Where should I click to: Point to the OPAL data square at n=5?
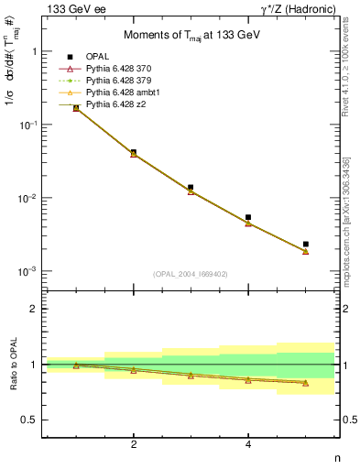point(305,245)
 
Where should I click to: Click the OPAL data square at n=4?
point(248,217)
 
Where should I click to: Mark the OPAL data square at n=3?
point(191,187)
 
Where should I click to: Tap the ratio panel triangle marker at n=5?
point(305,383)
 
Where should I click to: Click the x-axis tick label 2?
point(134,445)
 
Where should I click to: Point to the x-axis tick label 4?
point(248,445)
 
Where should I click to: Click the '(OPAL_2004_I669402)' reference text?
point(191,274)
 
